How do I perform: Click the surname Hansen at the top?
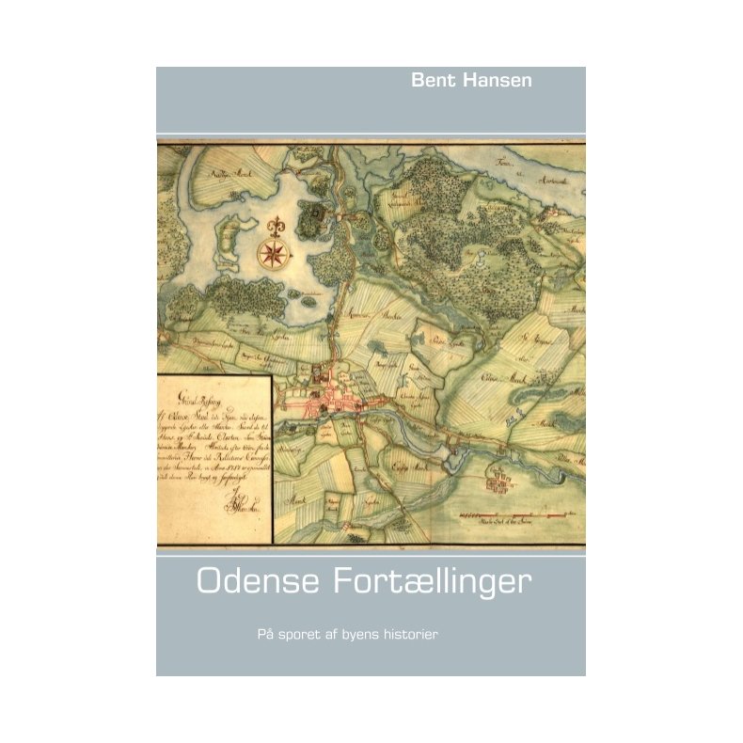click(x=497, y=81)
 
